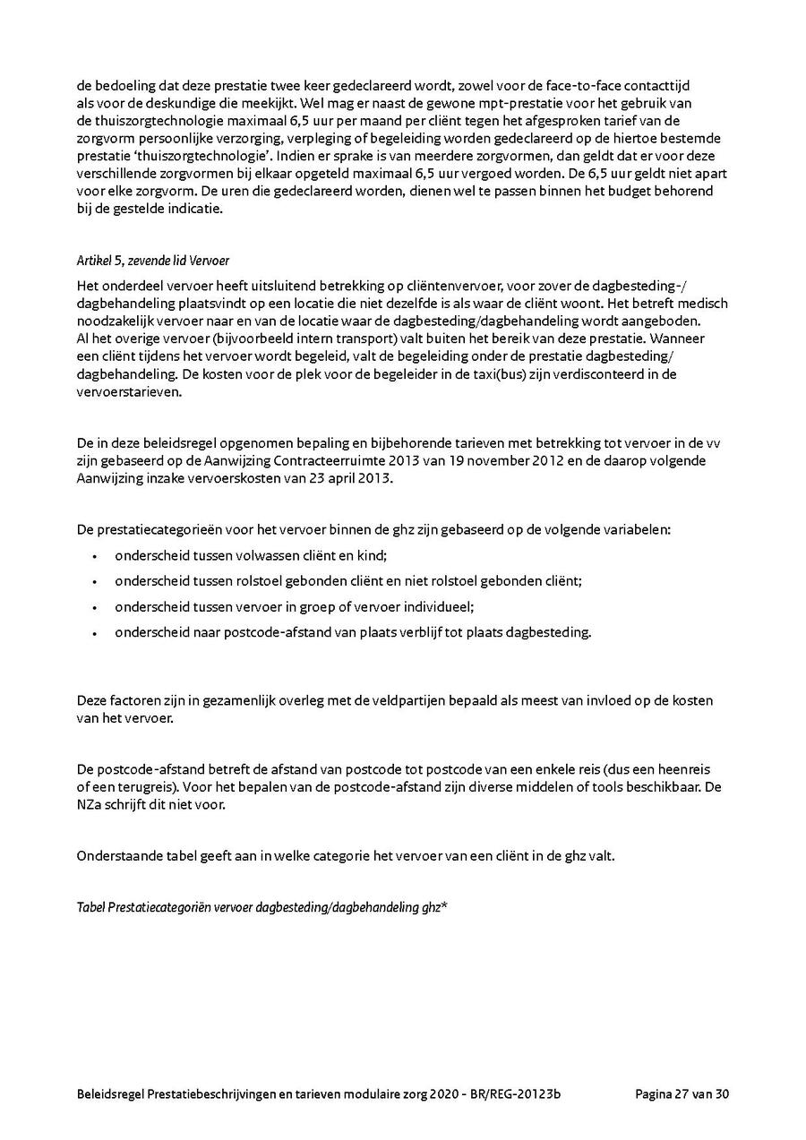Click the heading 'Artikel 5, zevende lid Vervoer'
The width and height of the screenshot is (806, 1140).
pyautogui.click(x=153, y=261)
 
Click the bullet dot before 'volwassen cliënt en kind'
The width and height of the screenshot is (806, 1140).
pyautogui.click(x=94, y=556)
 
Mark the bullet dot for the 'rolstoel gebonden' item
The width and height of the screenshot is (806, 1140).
pyautogui.click(x=94, y=581)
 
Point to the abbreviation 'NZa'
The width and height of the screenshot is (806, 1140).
pyautogui.click(x=90, y=804)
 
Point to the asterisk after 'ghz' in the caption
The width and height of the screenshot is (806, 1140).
pyautogui.click(x=444, y=905)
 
